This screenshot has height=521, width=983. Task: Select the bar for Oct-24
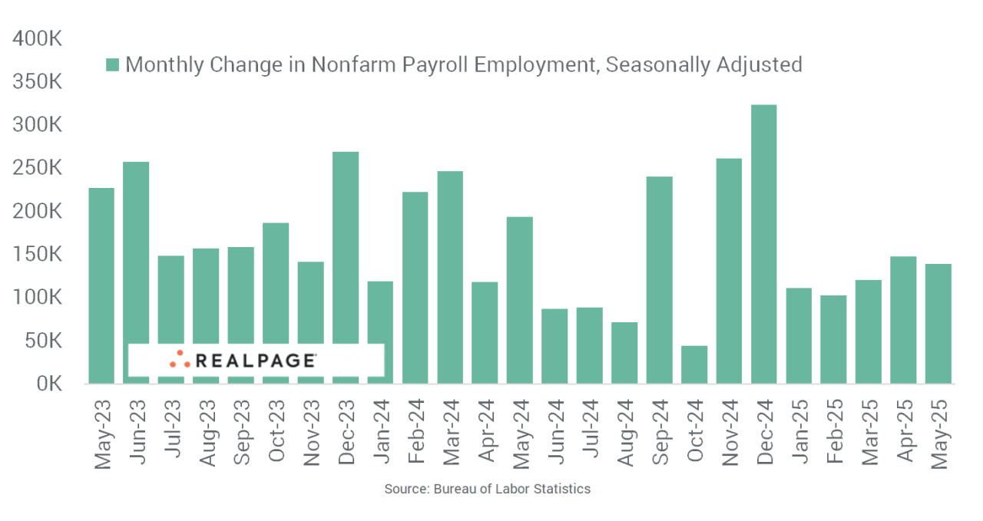click(x=694, y=364)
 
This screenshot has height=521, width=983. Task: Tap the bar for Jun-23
click(x=136, y=272)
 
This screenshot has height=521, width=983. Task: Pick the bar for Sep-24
click(x=660, y=280)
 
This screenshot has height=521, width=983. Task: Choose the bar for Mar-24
click(x=450, y=277)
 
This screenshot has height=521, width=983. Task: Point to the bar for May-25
click(x=938, y=323)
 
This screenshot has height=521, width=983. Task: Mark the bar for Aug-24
click(x=624, y=352)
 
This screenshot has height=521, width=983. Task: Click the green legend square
click(x=112, y=65)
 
